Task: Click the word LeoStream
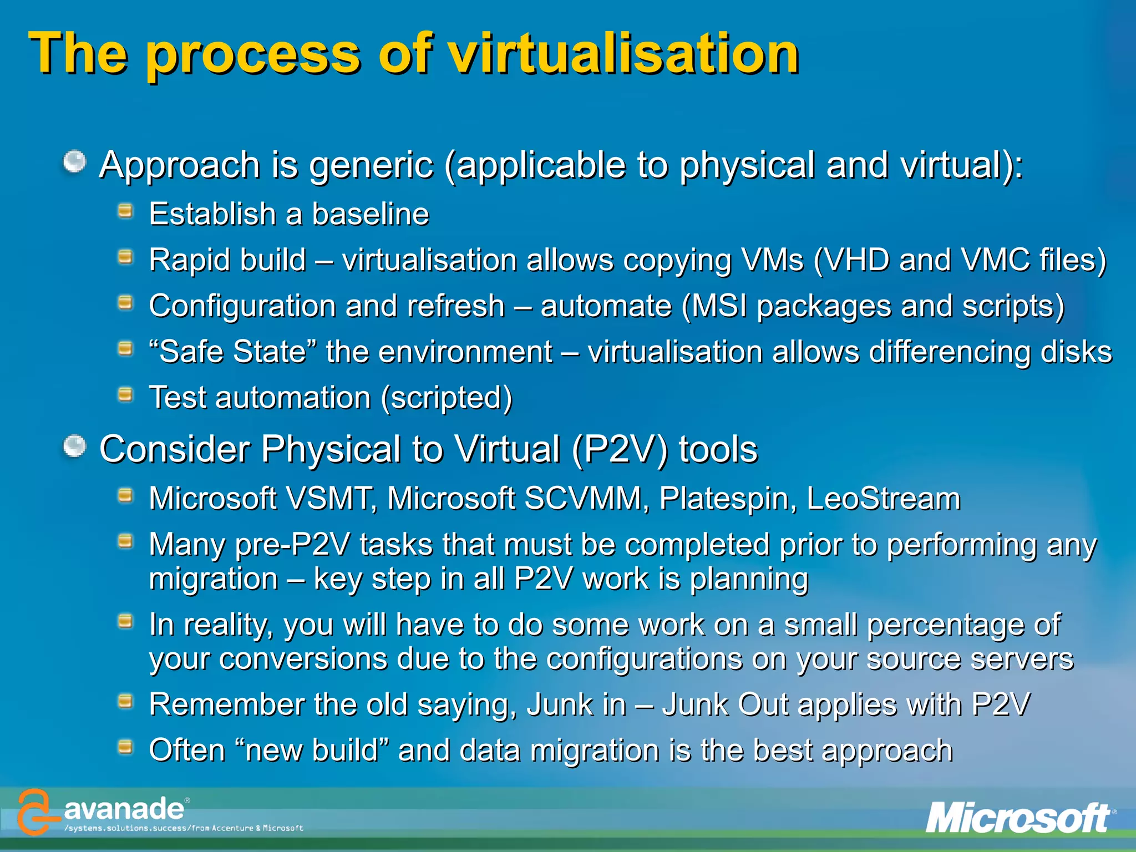(883, 499)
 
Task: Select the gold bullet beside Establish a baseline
(126, 211)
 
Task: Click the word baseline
(371, 215)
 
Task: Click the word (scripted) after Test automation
(447, 398)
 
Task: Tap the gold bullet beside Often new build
(126, 747)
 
